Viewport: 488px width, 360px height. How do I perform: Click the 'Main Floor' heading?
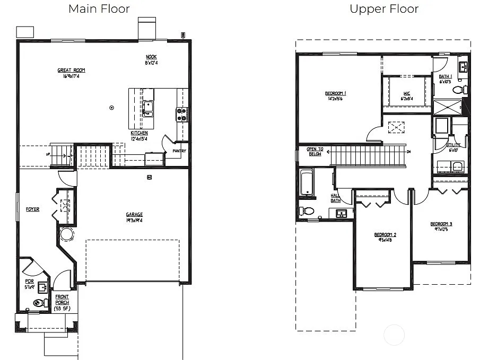[x=99, y=8]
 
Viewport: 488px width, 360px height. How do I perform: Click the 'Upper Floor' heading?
[x=384, y=8]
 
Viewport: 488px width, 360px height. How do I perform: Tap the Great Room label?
[x=71, y=71]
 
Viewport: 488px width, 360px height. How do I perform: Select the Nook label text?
[x=151, y=57]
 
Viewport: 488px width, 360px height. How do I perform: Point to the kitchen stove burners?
[x=182, y=114]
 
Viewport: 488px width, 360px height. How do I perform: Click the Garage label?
[x=134, y=215]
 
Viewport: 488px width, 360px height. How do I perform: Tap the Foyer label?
[x=32, y=209]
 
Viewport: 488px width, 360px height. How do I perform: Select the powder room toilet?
[x=38, y=303]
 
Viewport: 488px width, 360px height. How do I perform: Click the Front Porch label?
[x=62, y=300]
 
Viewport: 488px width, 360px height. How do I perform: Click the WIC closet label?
[x=406, y=94]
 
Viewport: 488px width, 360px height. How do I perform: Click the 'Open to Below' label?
[x=315, y=151]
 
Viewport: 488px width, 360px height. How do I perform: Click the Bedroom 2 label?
[x=385, y=235]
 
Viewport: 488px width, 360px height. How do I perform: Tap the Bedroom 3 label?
[x=441, y=224]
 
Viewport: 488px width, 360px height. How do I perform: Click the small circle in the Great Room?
[x=111, y=108]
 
